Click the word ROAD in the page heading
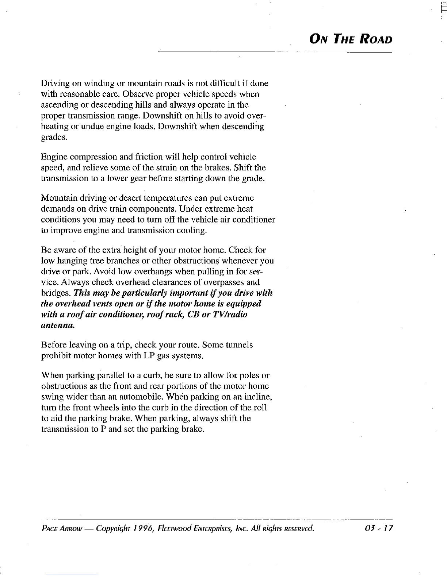click(375, 39)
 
